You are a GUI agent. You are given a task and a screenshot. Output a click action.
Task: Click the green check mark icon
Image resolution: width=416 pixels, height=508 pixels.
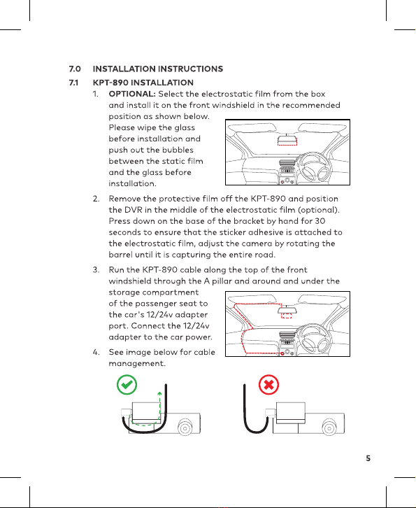127,385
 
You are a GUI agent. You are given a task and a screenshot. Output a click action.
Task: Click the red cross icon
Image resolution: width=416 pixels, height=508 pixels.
268,385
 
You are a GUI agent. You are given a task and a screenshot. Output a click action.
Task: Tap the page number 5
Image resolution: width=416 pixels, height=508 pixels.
368,458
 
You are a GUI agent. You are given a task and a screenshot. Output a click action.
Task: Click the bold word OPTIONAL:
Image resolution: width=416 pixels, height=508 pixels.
132,94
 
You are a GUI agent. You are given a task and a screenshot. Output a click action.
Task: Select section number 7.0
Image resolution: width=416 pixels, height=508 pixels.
75,69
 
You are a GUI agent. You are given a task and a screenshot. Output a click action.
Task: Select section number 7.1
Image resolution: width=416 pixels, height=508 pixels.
74,83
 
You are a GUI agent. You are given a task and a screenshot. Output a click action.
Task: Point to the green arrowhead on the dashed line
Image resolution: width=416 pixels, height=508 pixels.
159,394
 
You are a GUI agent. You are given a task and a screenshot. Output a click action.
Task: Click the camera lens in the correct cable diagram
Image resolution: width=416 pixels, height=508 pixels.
185,428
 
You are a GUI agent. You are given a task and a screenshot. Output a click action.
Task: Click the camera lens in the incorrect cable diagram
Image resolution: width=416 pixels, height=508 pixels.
329,428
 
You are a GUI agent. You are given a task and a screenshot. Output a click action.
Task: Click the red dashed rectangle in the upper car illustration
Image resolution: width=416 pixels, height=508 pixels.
287,141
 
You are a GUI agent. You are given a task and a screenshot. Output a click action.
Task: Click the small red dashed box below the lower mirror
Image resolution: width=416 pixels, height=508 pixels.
287,316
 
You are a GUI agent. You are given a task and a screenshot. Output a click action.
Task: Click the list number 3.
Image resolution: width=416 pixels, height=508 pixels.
96,270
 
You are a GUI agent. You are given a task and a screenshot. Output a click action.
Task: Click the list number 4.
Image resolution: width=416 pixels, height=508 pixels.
96,352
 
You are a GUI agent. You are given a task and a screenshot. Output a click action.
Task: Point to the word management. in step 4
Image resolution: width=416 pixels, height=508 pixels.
137,363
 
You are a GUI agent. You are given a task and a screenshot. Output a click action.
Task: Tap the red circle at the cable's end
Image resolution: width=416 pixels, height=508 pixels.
282,353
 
